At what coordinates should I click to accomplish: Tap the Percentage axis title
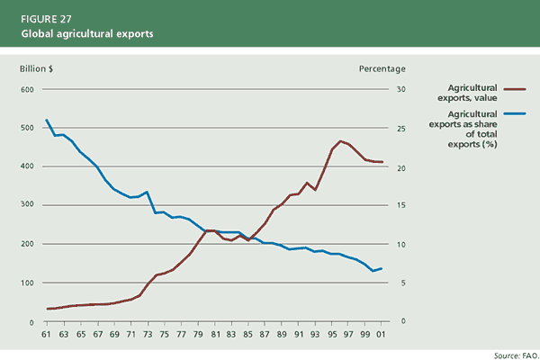382,68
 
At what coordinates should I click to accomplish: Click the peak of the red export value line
340,141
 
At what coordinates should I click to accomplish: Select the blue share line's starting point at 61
46,120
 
